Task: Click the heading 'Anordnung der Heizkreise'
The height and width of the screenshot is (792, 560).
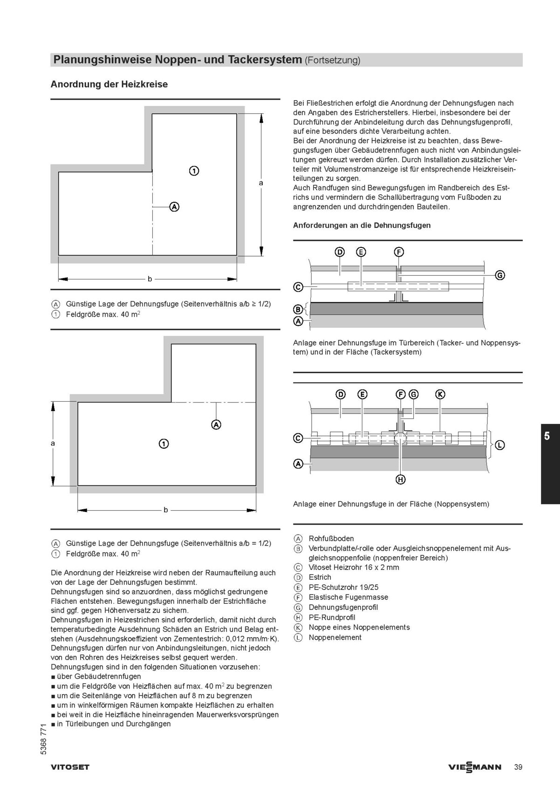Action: tap(109, 84)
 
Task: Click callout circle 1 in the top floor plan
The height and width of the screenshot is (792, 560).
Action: tap(194, 171)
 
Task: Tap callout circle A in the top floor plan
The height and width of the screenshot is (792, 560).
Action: tap(174, 206)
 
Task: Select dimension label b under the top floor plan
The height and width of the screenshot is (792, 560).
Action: tap(150, 279)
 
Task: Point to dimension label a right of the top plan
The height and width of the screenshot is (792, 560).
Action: tap(261, 183)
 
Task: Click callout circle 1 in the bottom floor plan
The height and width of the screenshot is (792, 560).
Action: tap(164, 444)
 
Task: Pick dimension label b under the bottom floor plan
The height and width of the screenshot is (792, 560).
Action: tap(165, 510)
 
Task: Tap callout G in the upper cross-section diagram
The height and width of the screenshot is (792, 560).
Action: tap(499, 275)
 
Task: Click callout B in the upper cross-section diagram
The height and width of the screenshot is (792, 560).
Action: tap(298, 309)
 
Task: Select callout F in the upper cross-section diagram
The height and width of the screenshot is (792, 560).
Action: tap(399, 252)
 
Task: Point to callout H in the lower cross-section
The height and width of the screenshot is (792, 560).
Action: tap(401, 479)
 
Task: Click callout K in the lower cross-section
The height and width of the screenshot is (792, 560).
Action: tap(440, 395)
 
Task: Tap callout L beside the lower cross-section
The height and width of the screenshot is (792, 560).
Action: tap(499, 445)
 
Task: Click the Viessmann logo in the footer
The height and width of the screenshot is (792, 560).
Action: tap(475, 767)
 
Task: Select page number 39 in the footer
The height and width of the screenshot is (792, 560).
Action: tap(518, 767)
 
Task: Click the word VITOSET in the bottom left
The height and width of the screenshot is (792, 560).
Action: tap(70, 767)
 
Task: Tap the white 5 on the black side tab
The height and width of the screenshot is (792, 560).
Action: tap(547, 437)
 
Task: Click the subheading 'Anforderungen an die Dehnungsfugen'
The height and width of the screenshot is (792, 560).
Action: tap(362, 225)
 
